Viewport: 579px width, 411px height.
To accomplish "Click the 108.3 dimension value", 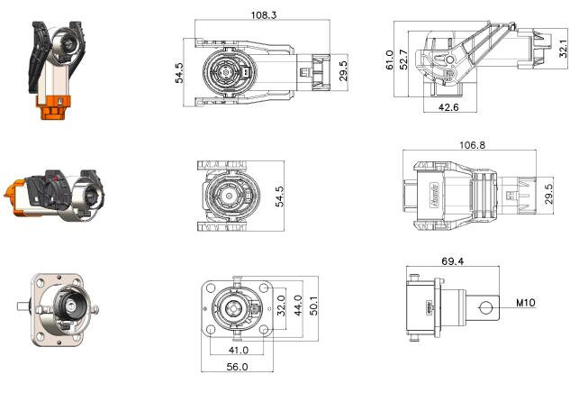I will (x=262, y=15).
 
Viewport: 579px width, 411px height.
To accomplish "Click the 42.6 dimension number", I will (x=447, y=106).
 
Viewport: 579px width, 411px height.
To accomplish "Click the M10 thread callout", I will (x=527, y=303).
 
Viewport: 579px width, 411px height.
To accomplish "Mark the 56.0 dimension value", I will (x=237, y=367).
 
